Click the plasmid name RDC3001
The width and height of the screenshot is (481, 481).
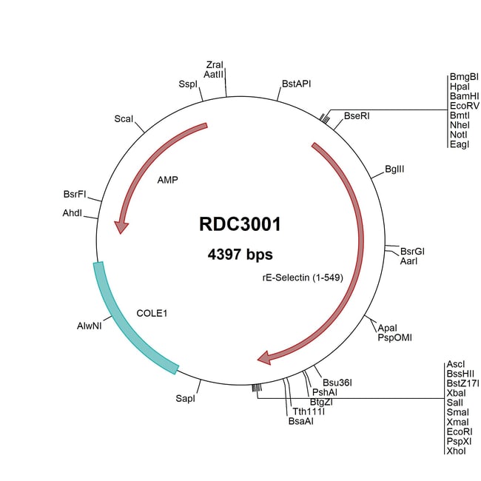coord(240,224)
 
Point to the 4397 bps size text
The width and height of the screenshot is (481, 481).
coord(240,255)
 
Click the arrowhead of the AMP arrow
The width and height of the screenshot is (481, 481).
coord(121,227)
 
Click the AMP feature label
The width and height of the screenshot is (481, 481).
coord(167,180)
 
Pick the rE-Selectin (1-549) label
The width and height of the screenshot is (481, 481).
coord(303,277)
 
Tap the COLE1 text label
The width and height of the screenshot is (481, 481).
coord(152,313)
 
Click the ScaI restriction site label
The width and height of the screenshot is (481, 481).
coord(124,118)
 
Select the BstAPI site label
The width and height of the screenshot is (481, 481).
coord(296,84)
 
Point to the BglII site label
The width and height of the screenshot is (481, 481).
coord(394,169)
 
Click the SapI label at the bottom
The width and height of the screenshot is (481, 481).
coord(185,398)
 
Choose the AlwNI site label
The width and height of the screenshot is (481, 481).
coord(90,326)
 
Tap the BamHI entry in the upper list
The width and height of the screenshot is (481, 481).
coord(465,96)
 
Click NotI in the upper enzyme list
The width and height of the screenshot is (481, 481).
coord(459,135)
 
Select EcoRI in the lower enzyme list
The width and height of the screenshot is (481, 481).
coord(460,431)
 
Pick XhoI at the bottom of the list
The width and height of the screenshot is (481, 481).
coord(456,451)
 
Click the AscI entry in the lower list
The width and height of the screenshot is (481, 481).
coord(456,364)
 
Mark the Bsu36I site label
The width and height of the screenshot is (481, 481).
coord(337,383)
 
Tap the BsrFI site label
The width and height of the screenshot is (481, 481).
coord(75,194)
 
